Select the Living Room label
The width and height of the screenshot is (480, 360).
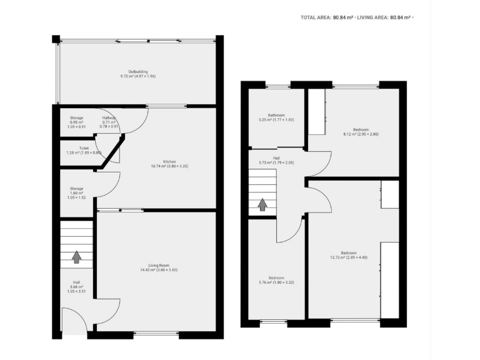[159, 267]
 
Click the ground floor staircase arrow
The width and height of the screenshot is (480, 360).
[76, 256]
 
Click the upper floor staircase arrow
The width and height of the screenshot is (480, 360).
[263, 204]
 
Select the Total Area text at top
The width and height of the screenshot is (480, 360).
[326, 17]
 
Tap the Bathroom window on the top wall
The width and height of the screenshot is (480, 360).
[277, 86]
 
